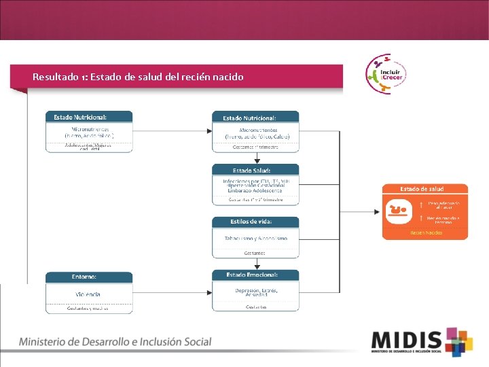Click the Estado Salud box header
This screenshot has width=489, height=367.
point(255,170)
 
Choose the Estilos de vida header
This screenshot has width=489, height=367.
point(255,222)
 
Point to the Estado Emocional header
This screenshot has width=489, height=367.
point(255,275)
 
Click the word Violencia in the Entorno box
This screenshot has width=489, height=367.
point(88,294)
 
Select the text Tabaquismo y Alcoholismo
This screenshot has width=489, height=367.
point(255,239)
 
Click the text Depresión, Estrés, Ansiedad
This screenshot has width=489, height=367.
point(255,292)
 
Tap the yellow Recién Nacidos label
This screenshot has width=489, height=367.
point(426,233)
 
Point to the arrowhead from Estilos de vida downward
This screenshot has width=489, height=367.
point(255,266)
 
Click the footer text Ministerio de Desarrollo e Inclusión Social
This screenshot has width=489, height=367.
point(115,342)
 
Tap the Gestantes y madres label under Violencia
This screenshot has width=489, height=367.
point(89,307)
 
